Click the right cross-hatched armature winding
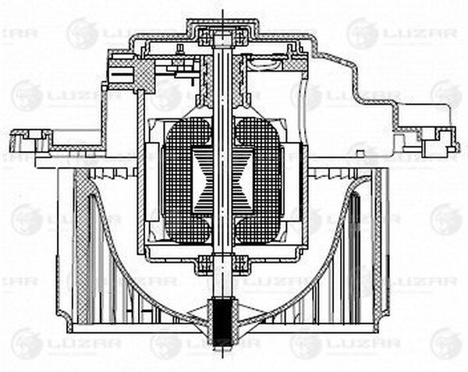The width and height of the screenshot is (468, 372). click(262, 179)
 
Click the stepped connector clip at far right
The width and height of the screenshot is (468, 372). click(437, 140)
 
